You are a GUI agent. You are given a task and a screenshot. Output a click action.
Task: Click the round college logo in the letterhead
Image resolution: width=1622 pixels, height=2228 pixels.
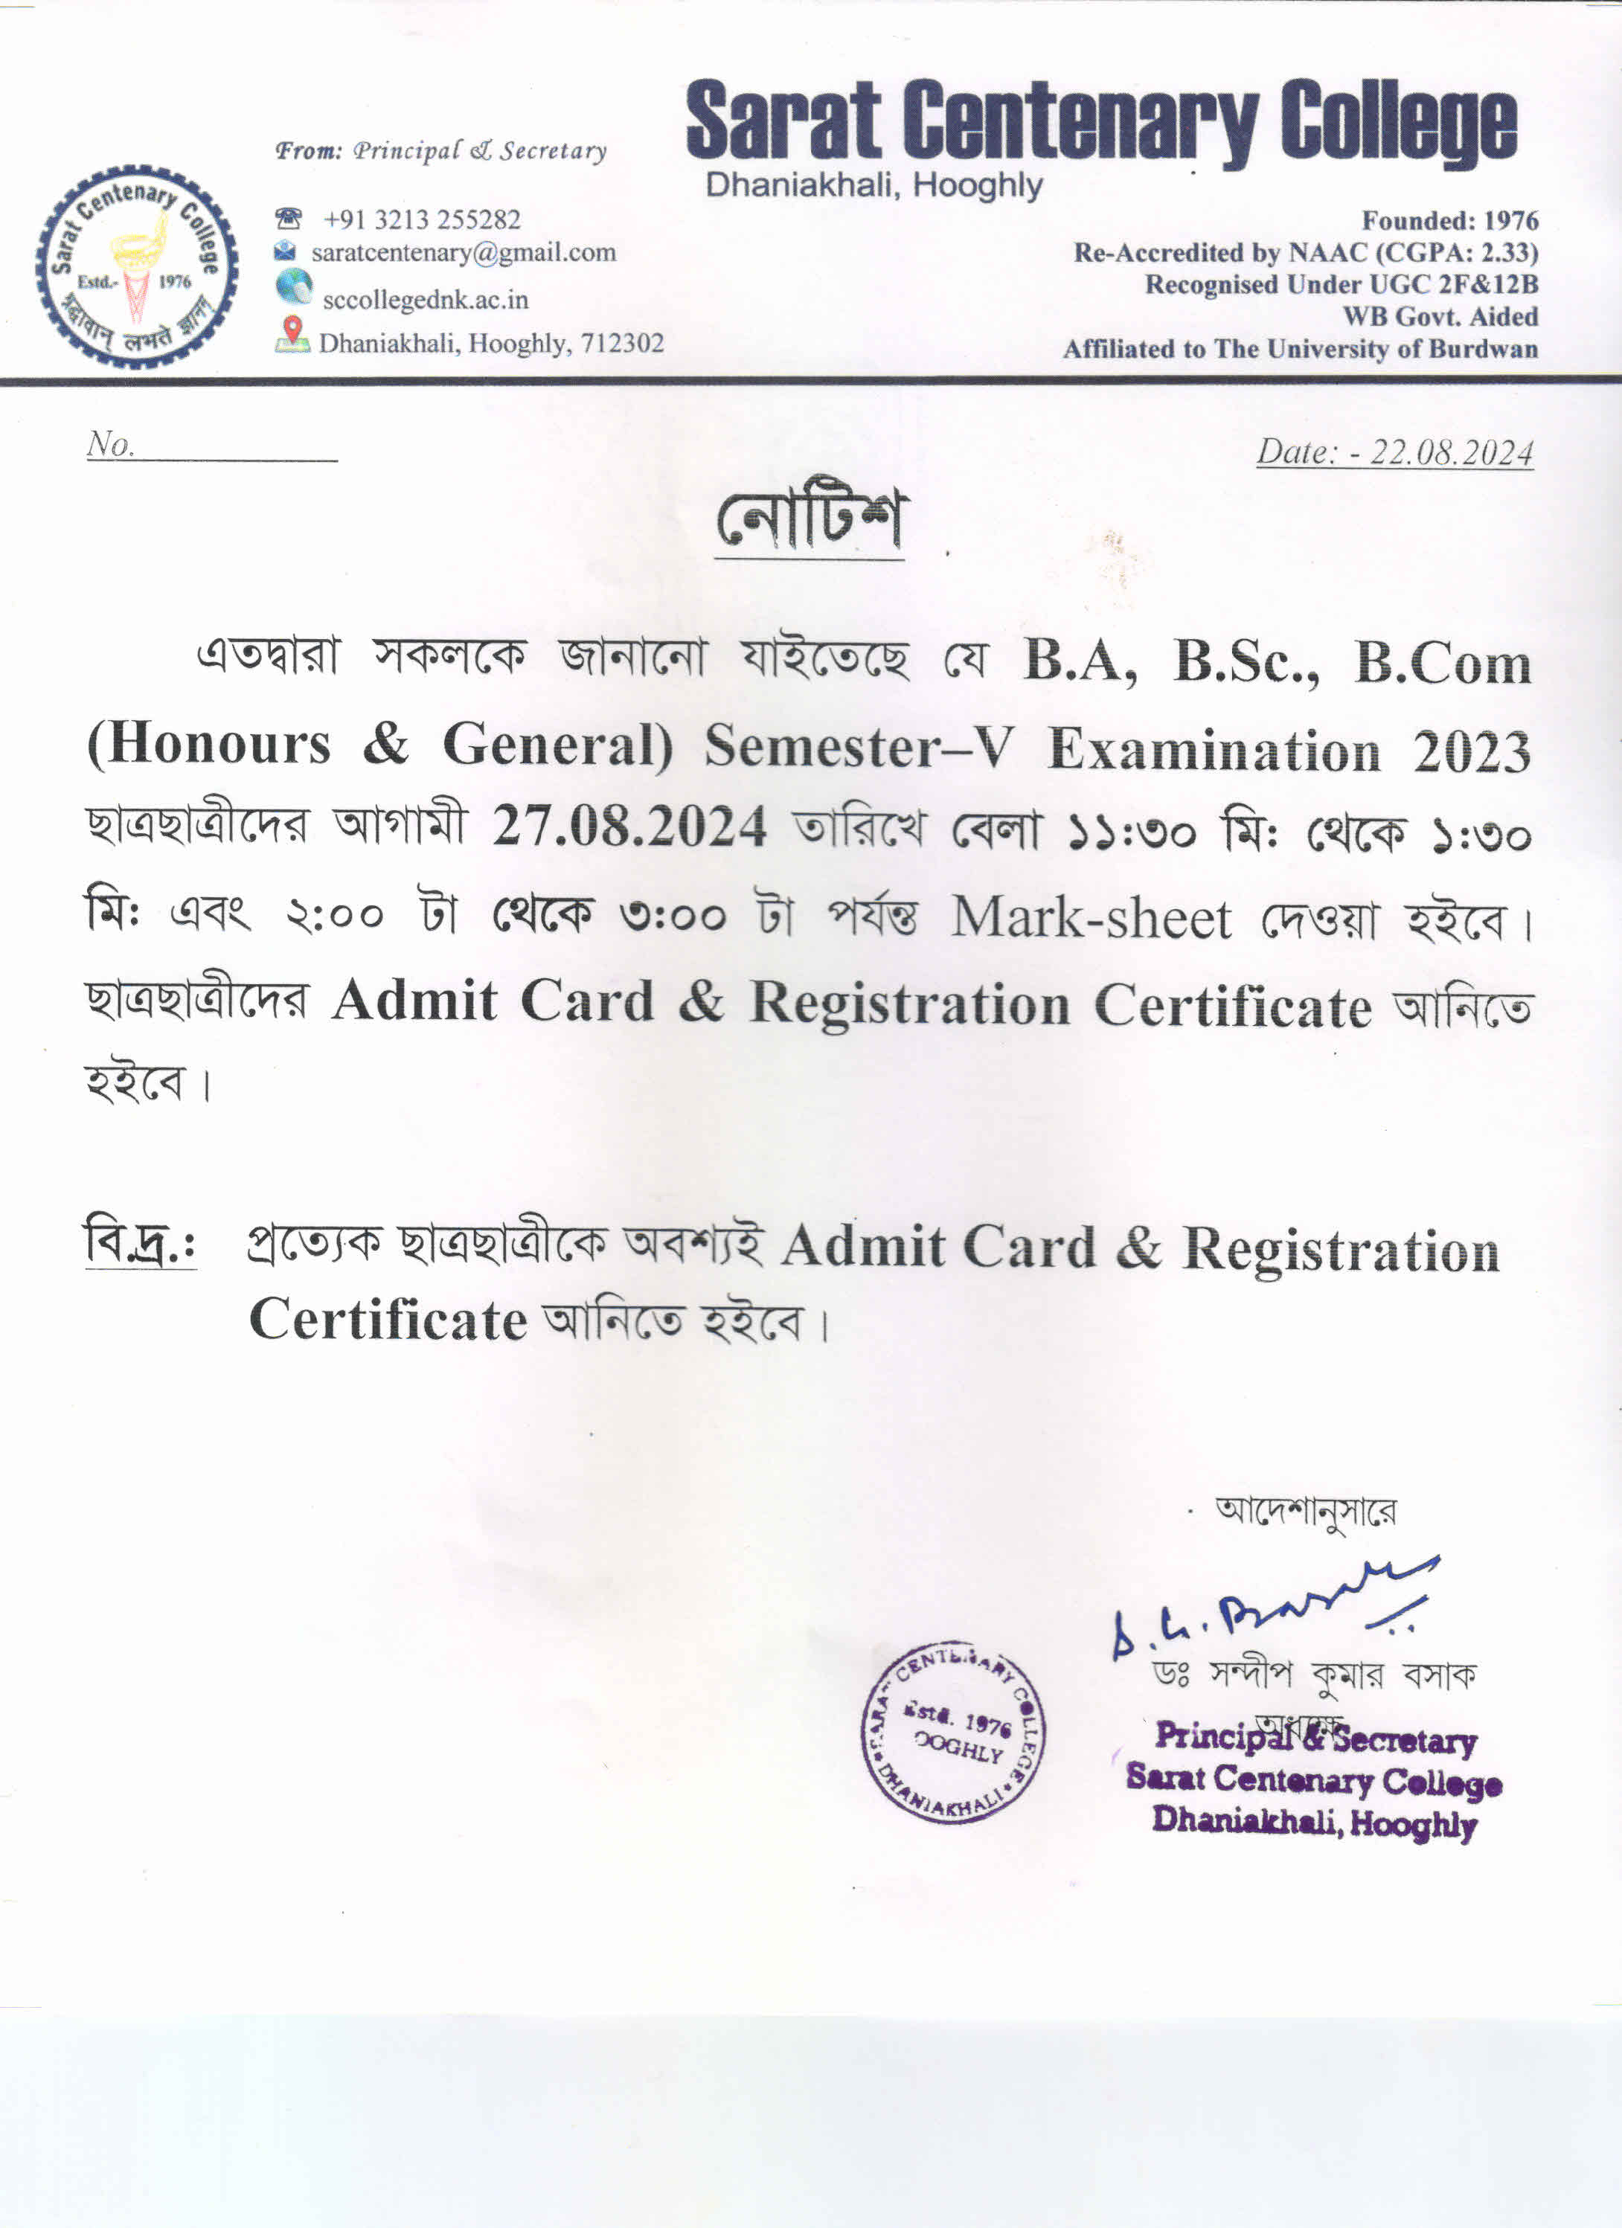pyautogui.click(x=137, y=266)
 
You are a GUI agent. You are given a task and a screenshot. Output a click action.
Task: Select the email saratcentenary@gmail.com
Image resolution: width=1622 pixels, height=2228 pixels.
pyautogui.click(x=463, y=252)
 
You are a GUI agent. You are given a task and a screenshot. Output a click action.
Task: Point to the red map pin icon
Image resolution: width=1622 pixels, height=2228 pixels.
pyautogui.click(x=292, y=332)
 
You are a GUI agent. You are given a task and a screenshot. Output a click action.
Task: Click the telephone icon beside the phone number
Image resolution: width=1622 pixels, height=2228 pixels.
pyautogui.click(x=288, y=217)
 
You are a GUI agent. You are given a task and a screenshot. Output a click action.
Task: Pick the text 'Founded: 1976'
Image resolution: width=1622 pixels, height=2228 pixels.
pyautogui.click(x=1449, y=220)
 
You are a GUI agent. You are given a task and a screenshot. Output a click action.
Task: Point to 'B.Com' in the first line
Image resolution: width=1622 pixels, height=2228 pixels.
pyautogui.click(x=1442, y=664)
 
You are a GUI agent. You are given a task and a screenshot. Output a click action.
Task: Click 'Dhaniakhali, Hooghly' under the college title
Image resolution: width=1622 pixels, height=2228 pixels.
pyautogui.click(x=873, y=184)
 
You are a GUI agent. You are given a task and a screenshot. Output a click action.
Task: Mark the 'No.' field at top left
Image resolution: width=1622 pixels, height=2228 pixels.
pyautogui.click(x=211, y=445)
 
